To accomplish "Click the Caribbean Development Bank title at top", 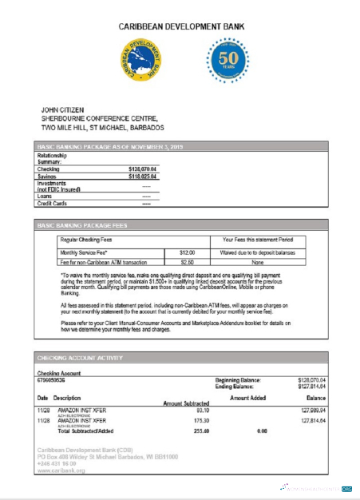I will coord(180,26).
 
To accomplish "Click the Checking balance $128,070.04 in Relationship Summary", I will coord(143,169).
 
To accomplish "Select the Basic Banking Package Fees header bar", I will coord(180,225).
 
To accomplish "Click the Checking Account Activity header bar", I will coord(180,359).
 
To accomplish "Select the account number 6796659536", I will coord(57,380).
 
